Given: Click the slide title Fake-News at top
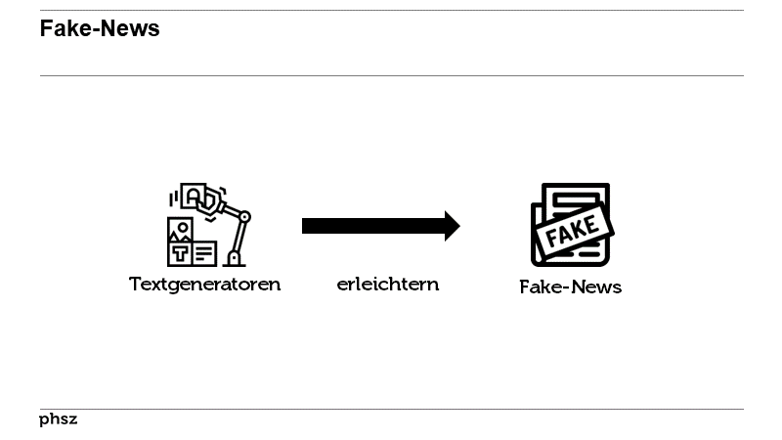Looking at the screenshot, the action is pyautogui.click(x=100, y=28).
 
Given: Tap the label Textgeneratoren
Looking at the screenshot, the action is pyautogui.click(x=204, y=285).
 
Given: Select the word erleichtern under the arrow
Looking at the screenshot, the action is pyautogui.click(x=388, y=285).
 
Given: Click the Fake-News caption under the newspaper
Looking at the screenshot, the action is pyautogui.click(x=571, y=286).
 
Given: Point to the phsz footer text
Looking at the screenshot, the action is pyautogui.click(x=59, y=419).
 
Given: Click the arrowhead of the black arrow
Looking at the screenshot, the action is pyautogui.click(x=453, y=226).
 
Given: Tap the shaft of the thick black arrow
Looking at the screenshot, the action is pyautogui.click(x=373, y=226).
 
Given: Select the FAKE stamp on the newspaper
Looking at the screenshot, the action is pyautogui.click(x=573, y=231).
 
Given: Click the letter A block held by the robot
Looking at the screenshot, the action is pyautogui.click(x=194, y=197).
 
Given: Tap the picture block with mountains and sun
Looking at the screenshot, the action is pyautogui.click(x=181, y=230).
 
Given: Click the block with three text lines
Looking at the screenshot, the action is pyautogui.click(x=204, y=254).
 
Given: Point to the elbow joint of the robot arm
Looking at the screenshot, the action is pyautogui.click(x=244, y=217).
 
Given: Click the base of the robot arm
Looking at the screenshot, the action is pyautogui.click(x=234, y=259).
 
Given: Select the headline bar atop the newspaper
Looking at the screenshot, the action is pyautogui.click(x=577, y=198).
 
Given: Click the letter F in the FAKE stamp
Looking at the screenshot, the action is pyautogui.click(x=551, y=238).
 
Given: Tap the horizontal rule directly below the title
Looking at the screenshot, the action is pyautogui.click(x=392, y=76).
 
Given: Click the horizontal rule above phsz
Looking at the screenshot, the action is pyautogui.click(x=392, y=409).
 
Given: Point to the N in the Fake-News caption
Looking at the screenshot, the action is pyautogui.click(x=579, y=286).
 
